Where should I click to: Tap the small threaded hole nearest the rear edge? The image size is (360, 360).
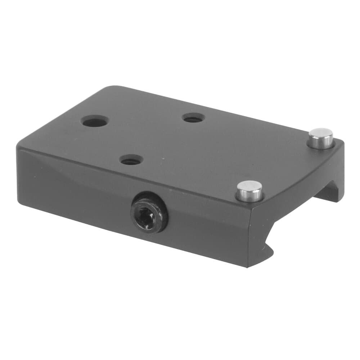click(194, 118)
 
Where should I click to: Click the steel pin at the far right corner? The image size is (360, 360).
click(320, 139)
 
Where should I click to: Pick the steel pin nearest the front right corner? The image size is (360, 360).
click(249, 191)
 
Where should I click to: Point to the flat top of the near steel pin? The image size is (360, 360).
click(250, 186)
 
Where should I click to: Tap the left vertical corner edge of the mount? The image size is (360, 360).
click(18, 173)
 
